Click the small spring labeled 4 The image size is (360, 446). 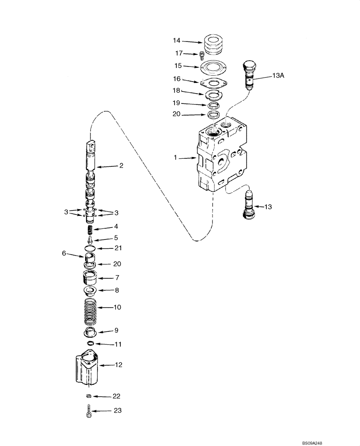90,230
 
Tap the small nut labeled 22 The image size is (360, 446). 88,396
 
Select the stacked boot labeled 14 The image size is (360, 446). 215,45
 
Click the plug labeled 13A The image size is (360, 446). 250,74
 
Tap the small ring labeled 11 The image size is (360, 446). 90,343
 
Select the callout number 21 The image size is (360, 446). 119,248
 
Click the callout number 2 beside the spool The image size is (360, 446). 121,166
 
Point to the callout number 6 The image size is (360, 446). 64,253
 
